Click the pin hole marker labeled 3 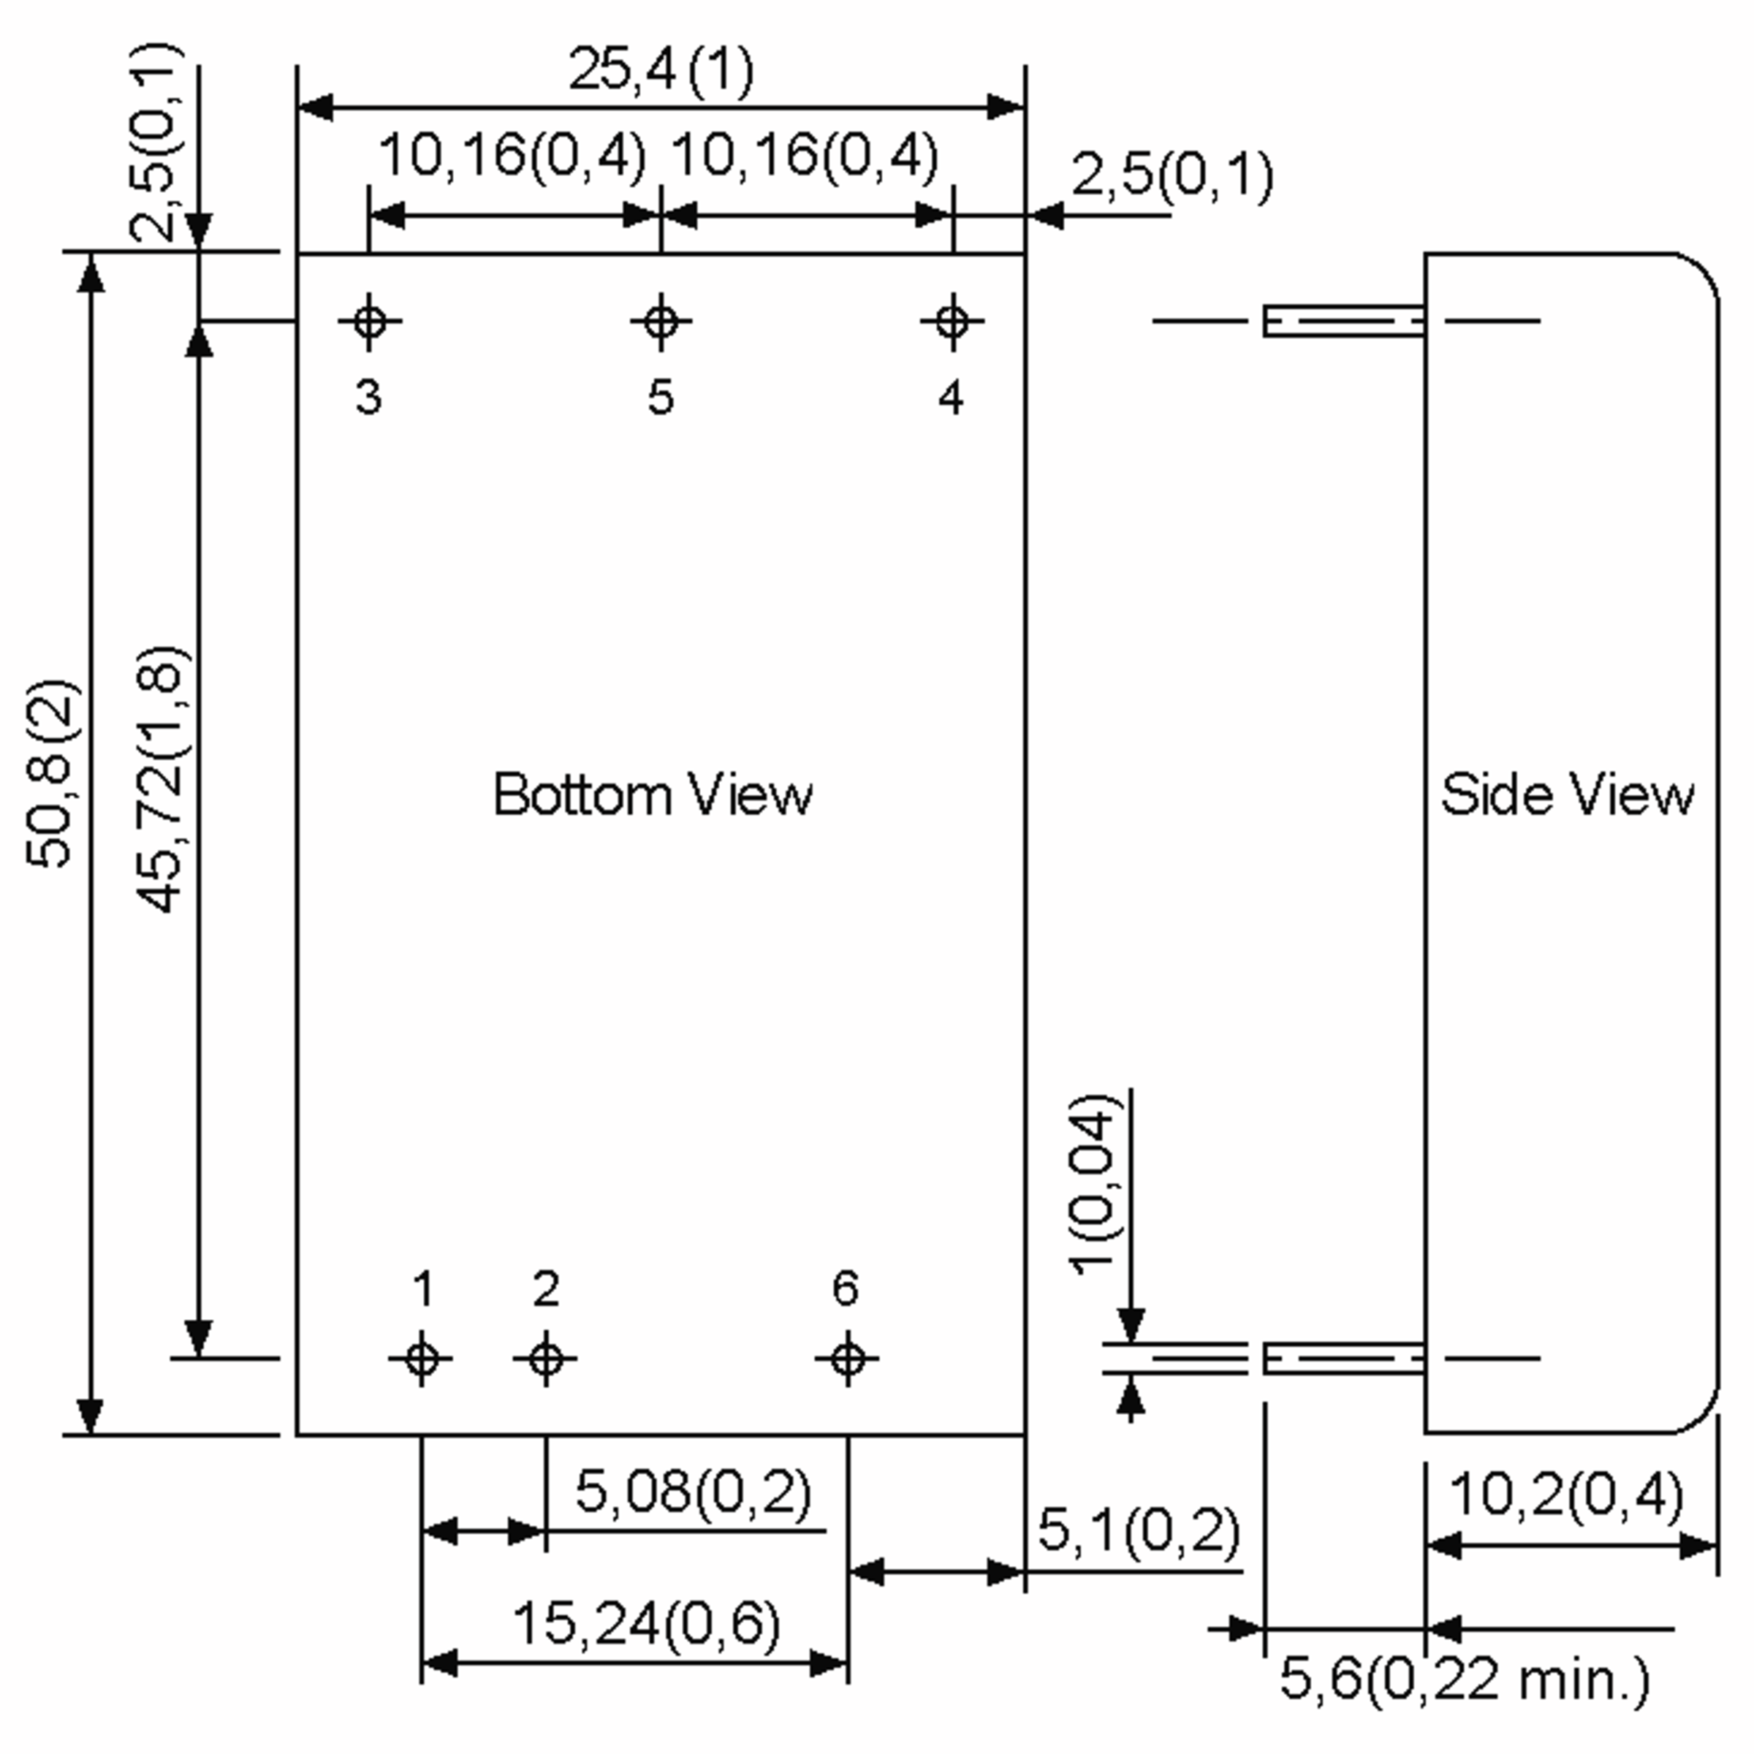click(x=368, y=321)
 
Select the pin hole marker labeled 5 click(x=661, y=321)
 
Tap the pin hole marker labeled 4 click(x=952, y=321)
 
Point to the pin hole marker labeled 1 click(x=421, y=1359)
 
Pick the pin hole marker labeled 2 click(x=546, y=1359)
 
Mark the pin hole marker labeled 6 click(x=847, y=1359)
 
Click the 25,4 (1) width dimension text click(x=660, y=70)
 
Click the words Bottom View click(x=652, y=795)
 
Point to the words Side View click(x=1567, y=795)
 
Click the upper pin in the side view click(x=1344, y=321)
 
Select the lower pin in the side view click(x=1344, y=1359)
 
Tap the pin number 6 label click(x=846, y=1288)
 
